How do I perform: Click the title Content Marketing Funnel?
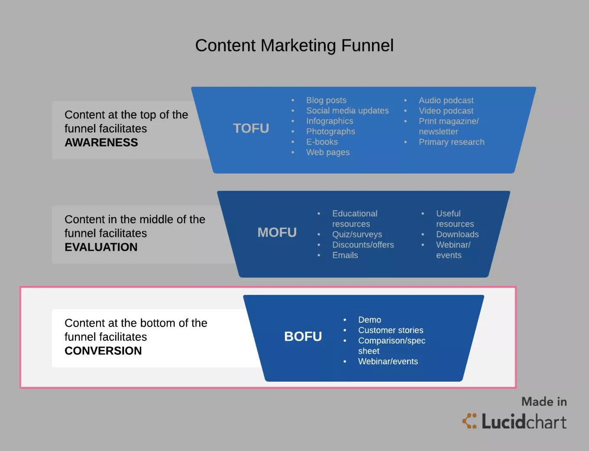[x=294, y=45]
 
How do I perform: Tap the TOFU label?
[x=251, y=128]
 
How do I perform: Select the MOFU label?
[x=277, y=232]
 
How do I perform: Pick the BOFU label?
[x=303, y=337]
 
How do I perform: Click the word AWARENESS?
[x=101, y=142]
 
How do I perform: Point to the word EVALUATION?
[x=101, y=247]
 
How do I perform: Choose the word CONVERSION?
[x=103, y=351]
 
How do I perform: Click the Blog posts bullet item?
[x=326, y=100]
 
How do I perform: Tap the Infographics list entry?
[x=330, y=121]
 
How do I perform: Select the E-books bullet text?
[x=322, y=142]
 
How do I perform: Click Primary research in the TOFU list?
[x=452, y=142]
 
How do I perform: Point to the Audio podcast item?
[x=446, y=101]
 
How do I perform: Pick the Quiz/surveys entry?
[x=357, y=235]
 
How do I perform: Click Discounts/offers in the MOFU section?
[x=363, y=245]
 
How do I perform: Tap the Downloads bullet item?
[x=457, y=234]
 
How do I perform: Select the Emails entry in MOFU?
[x=345, y=255]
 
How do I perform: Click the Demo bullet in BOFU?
[x=369, y=320]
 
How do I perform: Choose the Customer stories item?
[x=391, y=330]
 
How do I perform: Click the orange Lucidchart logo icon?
[x=469, y=421]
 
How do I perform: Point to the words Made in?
[x=544, y=402]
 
